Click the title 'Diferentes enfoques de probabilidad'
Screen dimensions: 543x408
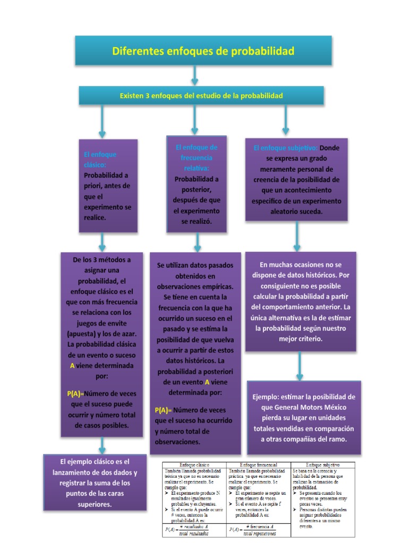[x=203, y=51]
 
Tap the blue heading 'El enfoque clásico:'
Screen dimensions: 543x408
[x=99, y=160]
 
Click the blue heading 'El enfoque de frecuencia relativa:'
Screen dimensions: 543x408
[x=196, y=157]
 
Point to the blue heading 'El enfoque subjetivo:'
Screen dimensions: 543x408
[x=285, y=148]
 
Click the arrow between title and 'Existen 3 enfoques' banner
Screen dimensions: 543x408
[x=195, y=76]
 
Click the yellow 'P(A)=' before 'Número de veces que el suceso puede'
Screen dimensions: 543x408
[x=75, y=393]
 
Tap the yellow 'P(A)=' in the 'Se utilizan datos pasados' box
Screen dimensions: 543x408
[x=163, y=410]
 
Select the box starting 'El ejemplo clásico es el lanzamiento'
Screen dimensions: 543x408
[x=95, y=483]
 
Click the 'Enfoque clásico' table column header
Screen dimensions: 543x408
[x=194, y=464]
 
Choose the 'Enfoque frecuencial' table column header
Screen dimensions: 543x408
[x=259, y=464]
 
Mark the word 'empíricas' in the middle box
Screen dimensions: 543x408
[x=218, y=286]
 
